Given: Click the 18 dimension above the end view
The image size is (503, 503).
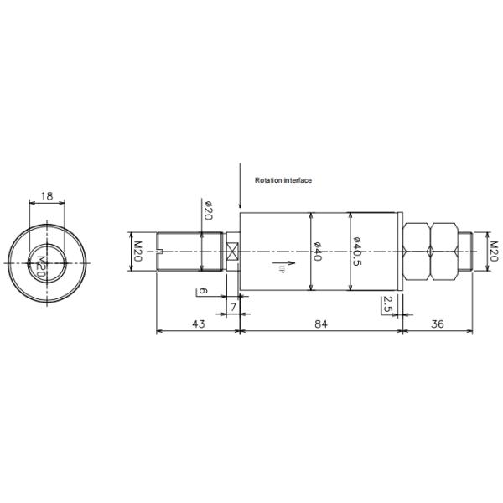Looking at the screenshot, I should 47,195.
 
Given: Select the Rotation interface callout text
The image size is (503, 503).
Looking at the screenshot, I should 283,179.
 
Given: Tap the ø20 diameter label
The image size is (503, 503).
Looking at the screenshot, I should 208,210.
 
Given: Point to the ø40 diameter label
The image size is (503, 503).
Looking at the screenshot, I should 318,251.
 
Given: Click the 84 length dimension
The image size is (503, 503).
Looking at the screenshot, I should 321,324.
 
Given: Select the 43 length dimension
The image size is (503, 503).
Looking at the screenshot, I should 198,324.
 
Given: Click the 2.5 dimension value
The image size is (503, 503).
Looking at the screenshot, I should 386,303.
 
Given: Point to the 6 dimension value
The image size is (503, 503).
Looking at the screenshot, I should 201,291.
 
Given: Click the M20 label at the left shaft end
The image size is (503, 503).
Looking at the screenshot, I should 138,250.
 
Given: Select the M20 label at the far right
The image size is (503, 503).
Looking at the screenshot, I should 493,250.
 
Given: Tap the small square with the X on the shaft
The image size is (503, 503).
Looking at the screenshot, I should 232,250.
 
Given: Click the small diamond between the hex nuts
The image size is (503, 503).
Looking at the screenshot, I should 430,250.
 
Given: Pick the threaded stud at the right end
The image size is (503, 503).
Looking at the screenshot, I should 469,250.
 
